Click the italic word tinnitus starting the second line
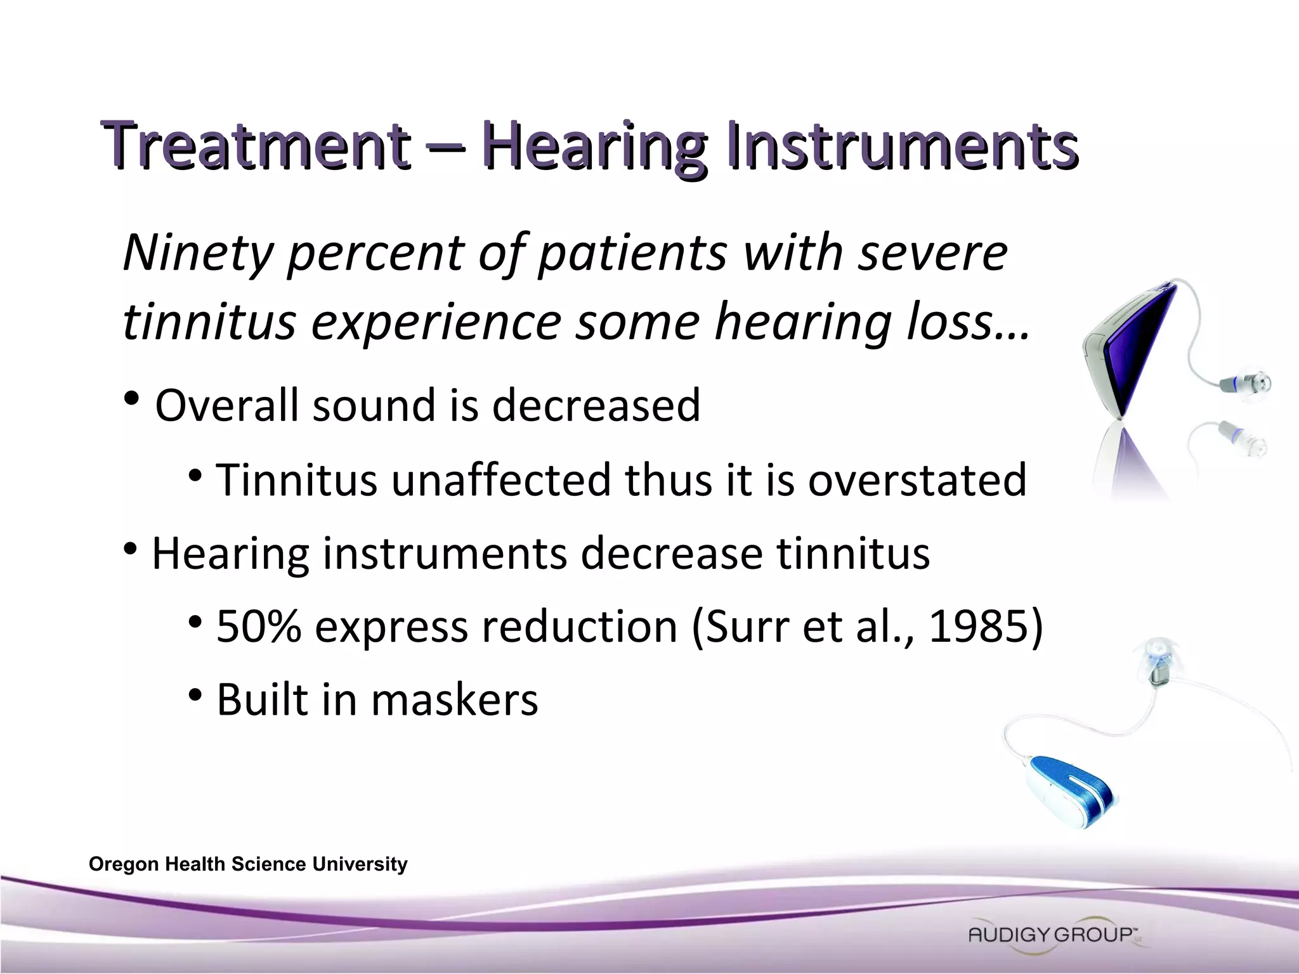point(209,321)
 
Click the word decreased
point(596,405)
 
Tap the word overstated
point(917,479)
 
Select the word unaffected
point(500,479)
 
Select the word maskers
point(454,700)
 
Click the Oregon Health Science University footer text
point(248,864)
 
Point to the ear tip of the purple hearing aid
point(1252,382)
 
